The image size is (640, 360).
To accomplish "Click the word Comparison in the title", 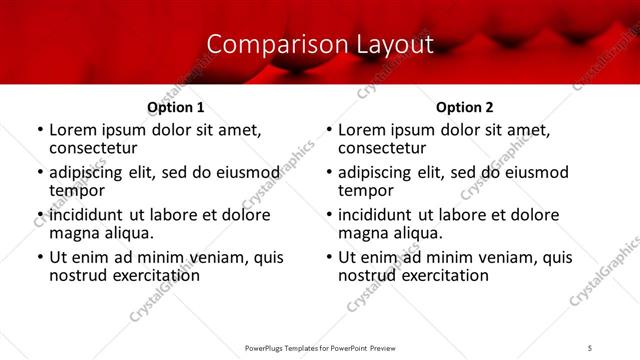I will (266, 44).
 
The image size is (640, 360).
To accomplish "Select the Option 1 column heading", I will (176, 107).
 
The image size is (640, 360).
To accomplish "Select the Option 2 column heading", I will (464, 107).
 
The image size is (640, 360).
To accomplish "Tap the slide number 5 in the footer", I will (590, 347).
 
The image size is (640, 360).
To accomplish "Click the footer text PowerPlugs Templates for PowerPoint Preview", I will (320, 347).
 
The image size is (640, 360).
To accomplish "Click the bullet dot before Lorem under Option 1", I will (40, 131).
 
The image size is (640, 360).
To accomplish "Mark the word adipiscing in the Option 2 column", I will (376, 172).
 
